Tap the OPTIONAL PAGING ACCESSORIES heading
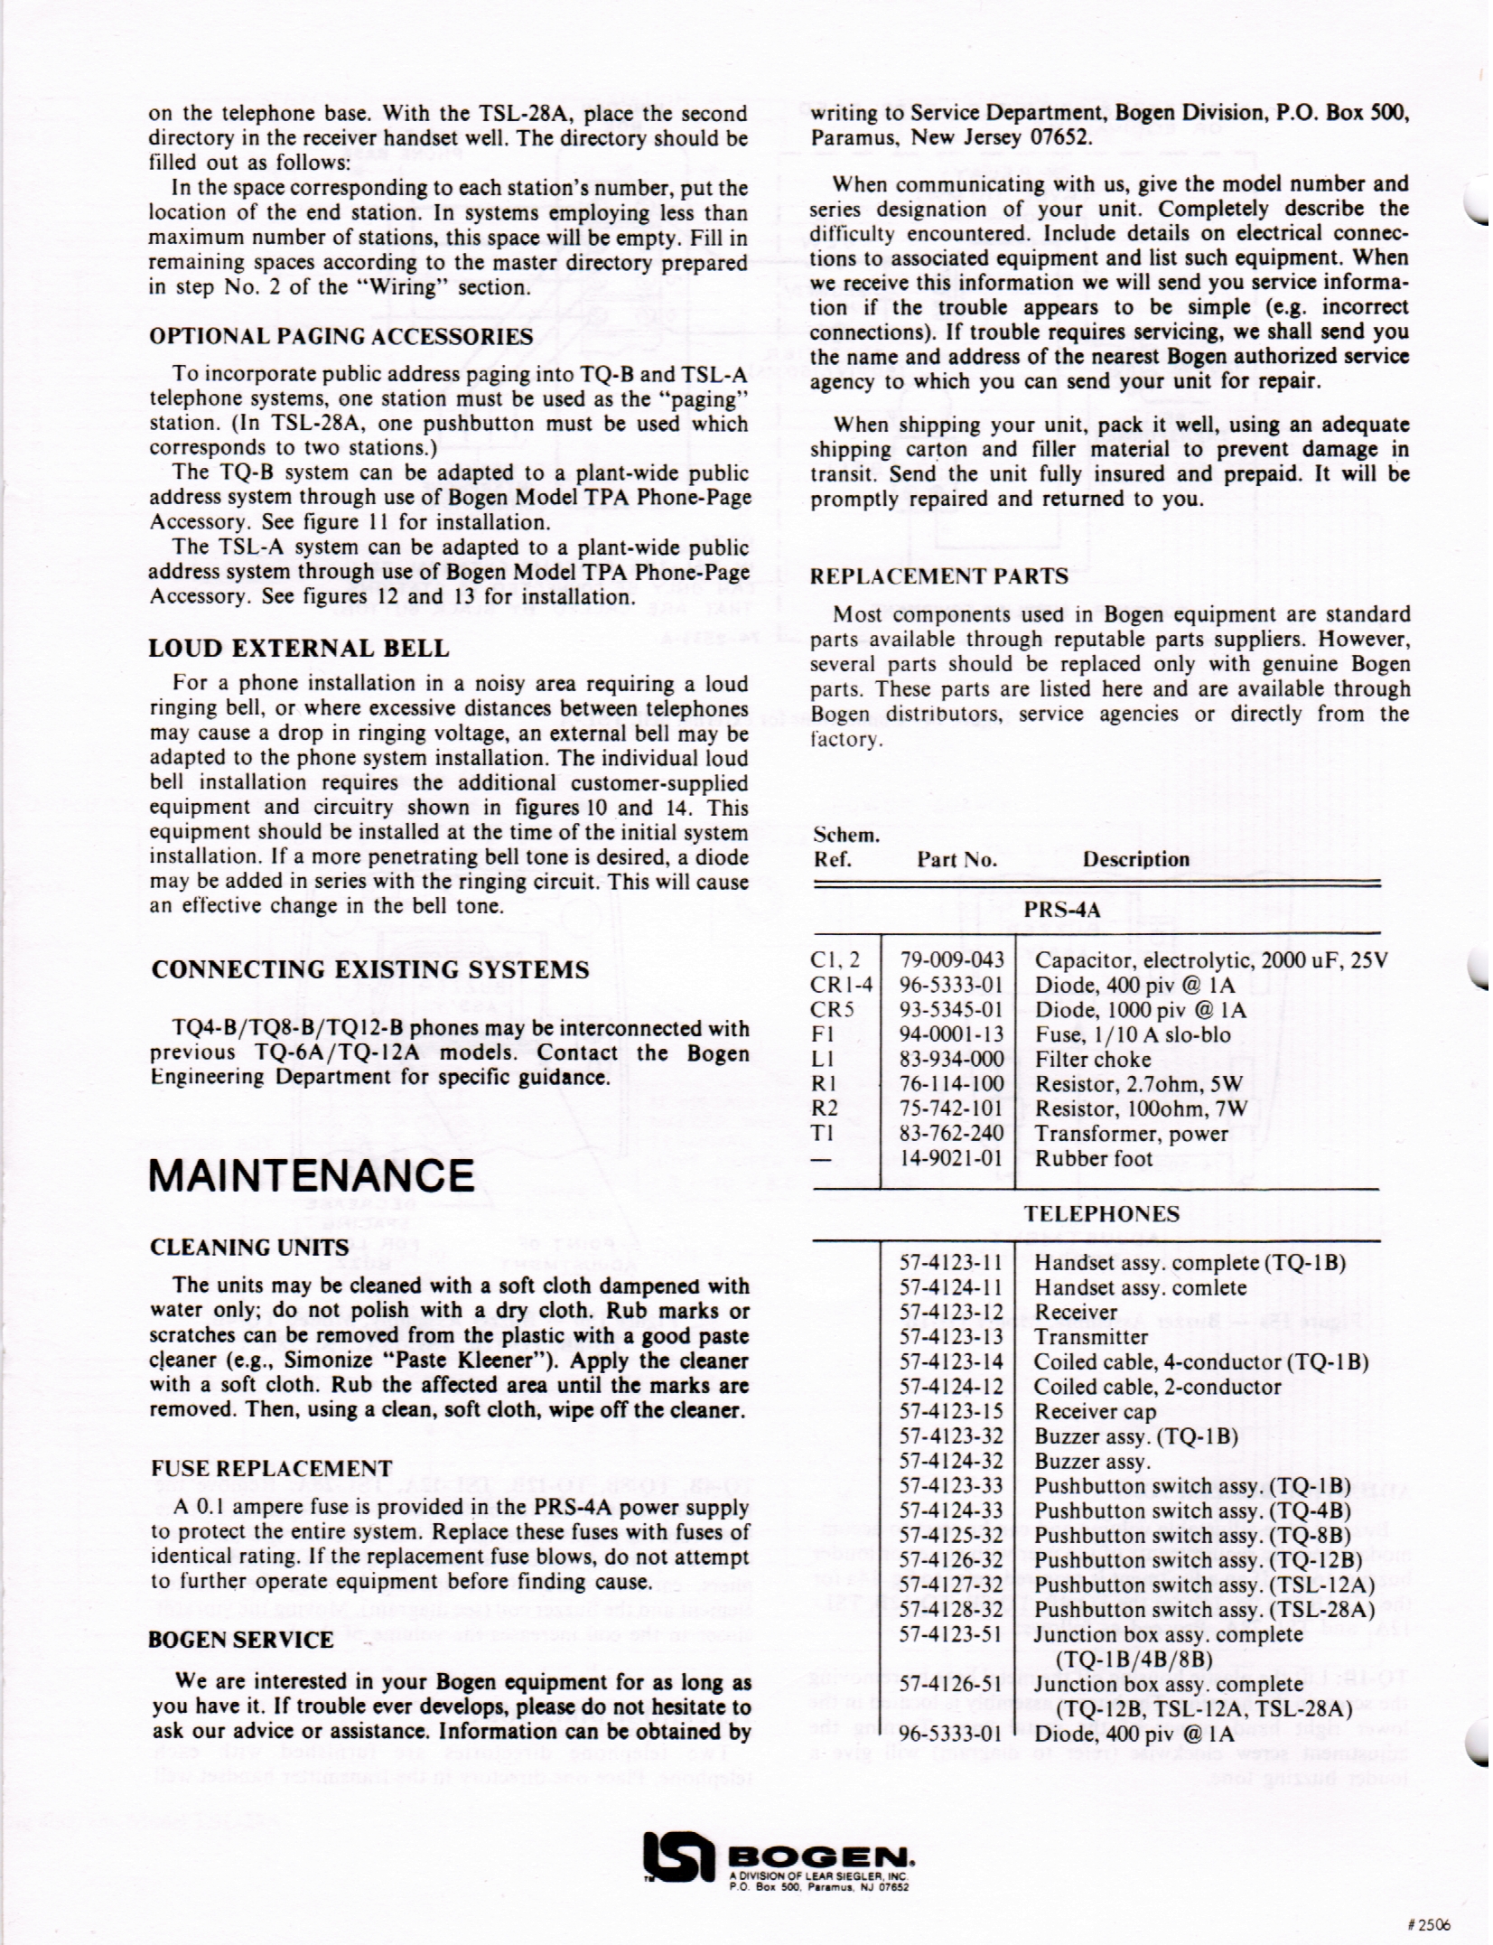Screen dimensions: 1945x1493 [341, 337]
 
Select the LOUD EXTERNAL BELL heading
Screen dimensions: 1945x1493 [298, 648]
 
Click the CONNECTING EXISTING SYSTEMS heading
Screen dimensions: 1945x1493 [370, 969]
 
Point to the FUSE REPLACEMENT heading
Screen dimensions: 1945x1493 [272, 1468]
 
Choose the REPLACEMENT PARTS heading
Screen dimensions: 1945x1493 [939, 575]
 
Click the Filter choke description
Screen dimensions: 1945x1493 [1093, 1059]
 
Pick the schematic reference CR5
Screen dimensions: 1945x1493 [832, 1009]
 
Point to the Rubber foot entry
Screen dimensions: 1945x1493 [1093, 1158]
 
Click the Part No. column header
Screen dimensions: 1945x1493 [957, 859]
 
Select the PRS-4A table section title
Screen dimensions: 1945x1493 [1062, 910]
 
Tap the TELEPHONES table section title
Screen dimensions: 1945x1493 [1101, 1213]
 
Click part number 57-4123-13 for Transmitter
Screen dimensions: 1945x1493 [952, 1336]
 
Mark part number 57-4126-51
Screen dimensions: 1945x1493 [952, 1683]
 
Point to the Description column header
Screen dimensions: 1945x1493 [1135, 859]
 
